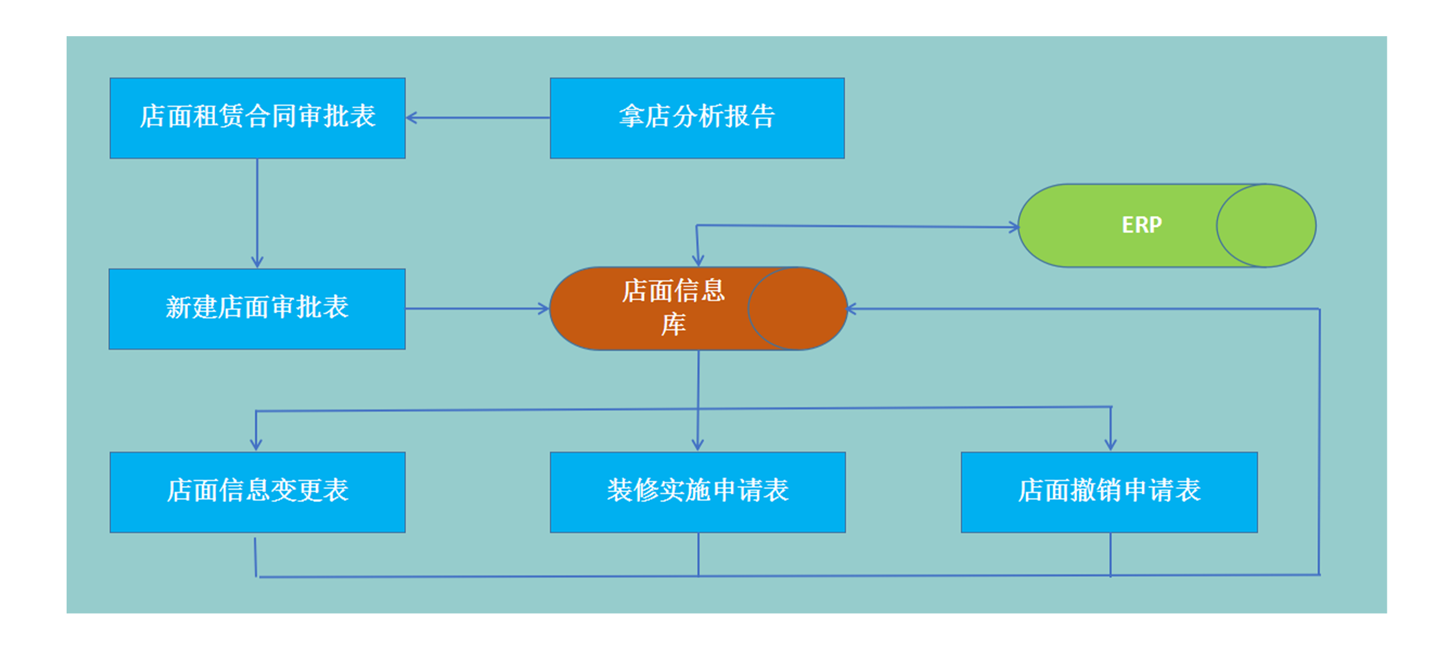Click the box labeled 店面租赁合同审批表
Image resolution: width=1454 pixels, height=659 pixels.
click(x=257, y=117)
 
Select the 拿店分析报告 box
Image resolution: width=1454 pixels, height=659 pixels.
click(x=697, y=117)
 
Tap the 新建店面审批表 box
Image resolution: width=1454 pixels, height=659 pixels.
click(x=257, y=308)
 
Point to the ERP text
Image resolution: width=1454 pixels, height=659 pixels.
click(x=1141, y=225)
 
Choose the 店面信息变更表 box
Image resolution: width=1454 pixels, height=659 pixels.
click(x=257, y=491)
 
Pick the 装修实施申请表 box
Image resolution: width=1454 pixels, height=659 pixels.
click(x=697, y=491)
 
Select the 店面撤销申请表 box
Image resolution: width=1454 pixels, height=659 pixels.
click(x=1109, y=491)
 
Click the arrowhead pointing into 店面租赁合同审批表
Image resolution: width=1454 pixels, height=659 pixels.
click(x=411, y=117)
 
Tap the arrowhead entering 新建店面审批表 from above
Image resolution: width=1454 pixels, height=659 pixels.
click(x=257, y=262)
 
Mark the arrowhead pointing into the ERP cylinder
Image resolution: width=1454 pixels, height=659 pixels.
click(x=1015, y=228)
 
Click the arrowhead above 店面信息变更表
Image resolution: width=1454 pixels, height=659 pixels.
click(x=256, y=445)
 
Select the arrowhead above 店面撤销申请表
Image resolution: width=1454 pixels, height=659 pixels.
click(x=1111, y=445)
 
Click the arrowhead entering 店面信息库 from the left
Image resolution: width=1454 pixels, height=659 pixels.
click(x=544, y=308)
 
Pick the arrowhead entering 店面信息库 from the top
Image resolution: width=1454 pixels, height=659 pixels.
click(x=698, y=261)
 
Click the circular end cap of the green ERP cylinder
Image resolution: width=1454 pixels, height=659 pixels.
click(x=1266, y=225)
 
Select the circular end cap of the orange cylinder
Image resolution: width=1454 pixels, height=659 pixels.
click(x=797, y=308)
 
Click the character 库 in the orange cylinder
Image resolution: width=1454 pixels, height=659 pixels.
click(x=674, y=325)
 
